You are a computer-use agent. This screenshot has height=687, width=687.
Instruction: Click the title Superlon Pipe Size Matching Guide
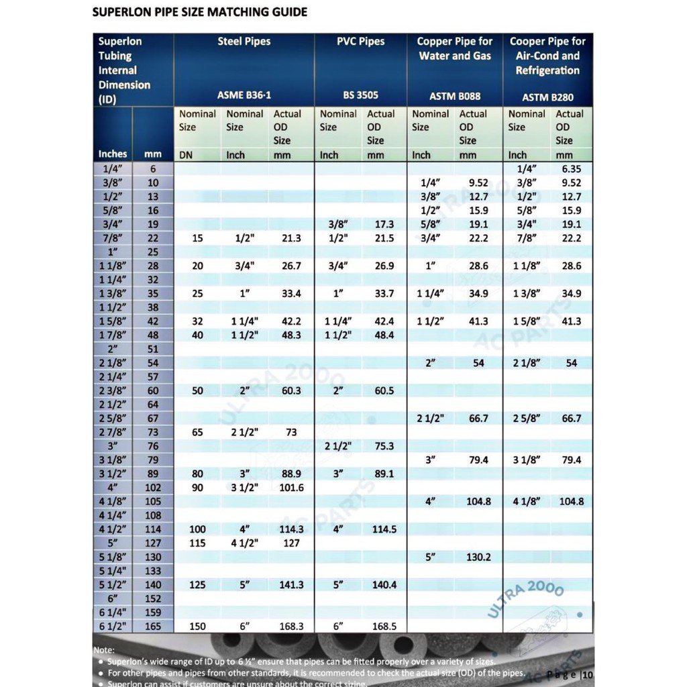click(200, 12)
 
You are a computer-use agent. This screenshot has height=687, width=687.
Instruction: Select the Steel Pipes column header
click(244, 42)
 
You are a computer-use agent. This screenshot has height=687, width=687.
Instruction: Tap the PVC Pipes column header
click(361, 42)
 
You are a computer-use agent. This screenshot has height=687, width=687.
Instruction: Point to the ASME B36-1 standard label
click(244, 96)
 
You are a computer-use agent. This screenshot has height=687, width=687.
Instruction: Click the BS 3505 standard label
click(361, 96)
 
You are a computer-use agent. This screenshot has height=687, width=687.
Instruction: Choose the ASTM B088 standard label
click(455, 97)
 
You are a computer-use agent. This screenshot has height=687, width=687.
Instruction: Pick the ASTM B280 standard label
click(548, 97)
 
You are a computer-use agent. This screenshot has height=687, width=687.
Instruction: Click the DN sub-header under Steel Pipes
click(186, 155)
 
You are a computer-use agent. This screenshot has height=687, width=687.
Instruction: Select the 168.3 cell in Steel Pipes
click(291, 626)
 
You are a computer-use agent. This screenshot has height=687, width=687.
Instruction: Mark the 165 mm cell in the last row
click(153, 626)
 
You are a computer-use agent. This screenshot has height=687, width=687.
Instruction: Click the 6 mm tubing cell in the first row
click(153, 169)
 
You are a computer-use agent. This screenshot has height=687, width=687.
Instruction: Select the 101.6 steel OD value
click(291, 488)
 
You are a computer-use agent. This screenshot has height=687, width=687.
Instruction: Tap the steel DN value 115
click(197, 543)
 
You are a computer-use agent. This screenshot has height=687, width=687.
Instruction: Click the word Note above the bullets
click(105, 650)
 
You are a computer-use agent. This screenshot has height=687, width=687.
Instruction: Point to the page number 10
click(588, 674)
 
